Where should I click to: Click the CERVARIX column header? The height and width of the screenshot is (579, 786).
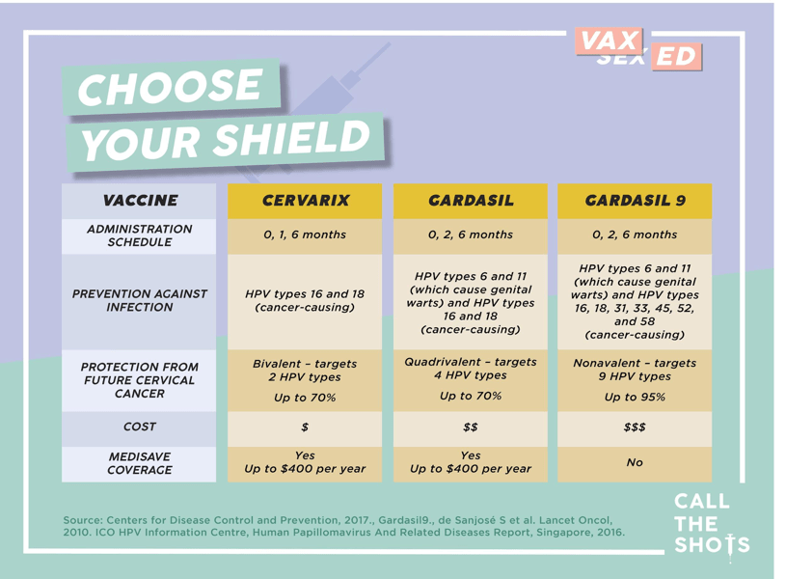tap(305, 201)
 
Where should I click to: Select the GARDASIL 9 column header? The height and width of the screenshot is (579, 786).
tap(635, 201)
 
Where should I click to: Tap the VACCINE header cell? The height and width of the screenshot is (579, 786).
tap(140, 201)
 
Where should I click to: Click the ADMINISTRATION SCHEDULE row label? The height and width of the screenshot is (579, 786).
tap(140, 234)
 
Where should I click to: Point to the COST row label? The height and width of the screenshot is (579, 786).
tap(140, 427)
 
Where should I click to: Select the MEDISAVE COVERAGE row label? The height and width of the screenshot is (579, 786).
tap(140, 463)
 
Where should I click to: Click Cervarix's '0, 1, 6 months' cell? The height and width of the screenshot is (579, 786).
tap(305, 234)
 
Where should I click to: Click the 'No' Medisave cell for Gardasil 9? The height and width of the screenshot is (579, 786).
tap(635, 463)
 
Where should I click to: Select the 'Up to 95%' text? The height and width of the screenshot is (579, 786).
tap(635, 397)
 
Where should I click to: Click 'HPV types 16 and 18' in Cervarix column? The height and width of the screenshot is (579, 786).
tap(305, 293)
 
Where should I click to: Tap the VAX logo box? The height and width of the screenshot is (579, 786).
tap(611, 41)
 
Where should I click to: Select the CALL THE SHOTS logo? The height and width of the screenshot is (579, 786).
tap(711, 524)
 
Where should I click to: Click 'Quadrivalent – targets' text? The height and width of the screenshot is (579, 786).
tap(471, 361)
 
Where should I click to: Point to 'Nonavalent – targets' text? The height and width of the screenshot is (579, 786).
tap(635, 363)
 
